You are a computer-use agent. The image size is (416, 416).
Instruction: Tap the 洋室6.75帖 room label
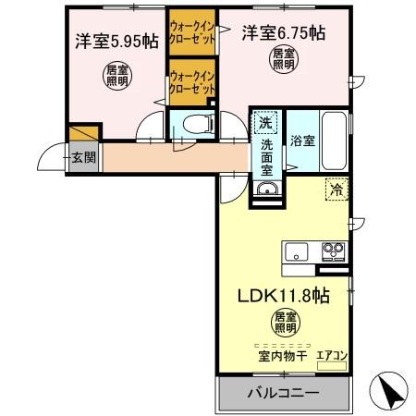point(283,33)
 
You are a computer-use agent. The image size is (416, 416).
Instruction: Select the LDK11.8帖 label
point(284,297)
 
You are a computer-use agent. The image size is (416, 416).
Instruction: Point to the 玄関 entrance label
point(83,157)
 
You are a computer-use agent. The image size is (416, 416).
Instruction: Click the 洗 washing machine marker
point(265,124)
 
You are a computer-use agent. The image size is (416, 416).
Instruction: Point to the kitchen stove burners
point(332,250)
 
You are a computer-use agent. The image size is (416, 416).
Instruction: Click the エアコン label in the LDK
point(331,354)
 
